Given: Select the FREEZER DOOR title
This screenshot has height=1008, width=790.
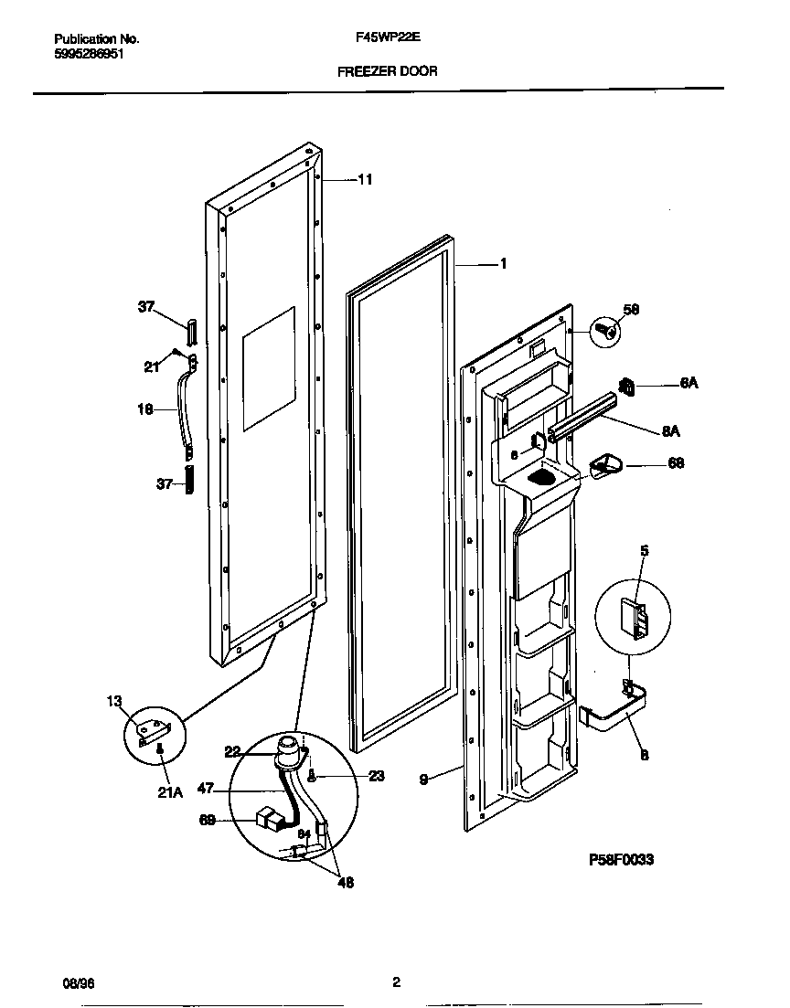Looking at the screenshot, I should click(388, 70).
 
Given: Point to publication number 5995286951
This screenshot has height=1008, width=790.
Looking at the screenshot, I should click(90, 54).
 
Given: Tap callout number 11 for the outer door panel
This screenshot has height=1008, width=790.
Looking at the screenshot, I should click(364, 180).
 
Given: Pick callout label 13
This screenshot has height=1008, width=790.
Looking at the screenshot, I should click(113, 701).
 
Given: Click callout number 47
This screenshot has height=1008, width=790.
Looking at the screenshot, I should click(206, 786).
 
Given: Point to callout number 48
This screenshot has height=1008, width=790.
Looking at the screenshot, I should click(345, 883).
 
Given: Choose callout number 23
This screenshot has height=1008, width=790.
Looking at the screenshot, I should click(377, 777).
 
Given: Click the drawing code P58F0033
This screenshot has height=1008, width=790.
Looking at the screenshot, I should click(621, 860).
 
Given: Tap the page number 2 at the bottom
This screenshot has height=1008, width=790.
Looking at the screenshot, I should click(396, 982).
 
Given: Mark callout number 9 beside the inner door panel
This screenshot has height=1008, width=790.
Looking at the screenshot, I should click(423, 780).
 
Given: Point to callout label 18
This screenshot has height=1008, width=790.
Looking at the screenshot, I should click(144, 411).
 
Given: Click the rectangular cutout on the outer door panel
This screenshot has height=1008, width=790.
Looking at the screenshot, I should click(269, 368).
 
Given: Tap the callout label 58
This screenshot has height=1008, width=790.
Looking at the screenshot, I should click(631, 310).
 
